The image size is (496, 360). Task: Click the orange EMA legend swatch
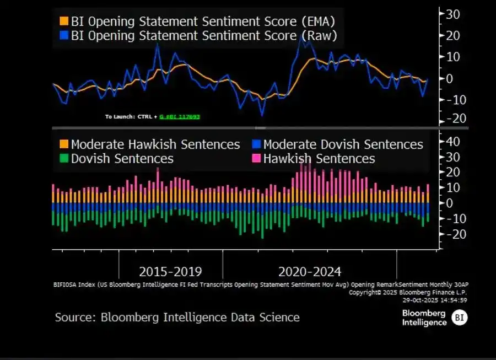tap(64, 22)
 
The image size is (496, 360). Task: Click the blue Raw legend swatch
tap(64, 36)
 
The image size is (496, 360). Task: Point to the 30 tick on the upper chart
tap(452, 14)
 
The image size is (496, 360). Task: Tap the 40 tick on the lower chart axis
tap(452, 142)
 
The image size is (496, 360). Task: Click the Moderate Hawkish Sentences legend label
tap(155, 144)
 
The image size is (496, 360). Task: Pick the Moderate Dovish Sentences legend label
tap(343, 144)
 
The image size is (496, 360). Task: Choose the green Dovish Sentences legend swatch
tap(64, 159)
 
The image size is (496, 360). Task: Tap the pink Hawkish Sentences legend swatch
tap(256, 159)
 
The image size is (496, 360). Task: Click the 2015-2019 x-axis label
tap(170, 272)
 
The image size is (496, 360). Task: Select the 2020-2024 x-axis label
tap(310, 272)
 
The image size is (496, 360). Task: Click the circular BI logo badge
tap(459, 318)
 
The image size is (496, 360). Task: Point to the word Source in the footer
tap(73, 318)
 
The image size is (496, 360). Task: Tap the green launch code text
tap(179, 117)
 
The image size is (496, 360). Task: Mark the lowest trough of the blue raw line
tap(262, 115)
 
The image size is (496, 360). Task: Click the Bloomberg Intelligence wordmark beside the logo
tap(424, 318)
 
